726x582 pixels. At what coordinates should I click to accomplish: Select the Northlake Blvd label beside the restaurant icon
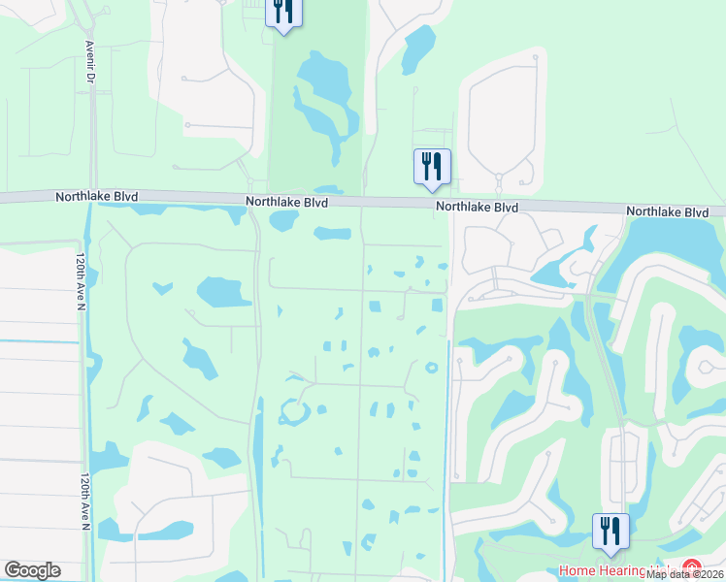coord(477,208)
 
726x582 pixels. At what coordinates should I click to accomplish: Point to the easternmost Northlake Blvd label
coord(667,211)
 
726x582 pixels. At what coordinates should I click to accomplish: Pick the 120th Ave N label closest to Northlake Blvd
coord(79,281)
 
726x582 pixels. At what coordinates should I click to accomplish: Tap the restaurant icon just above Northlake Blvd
coord(432,166)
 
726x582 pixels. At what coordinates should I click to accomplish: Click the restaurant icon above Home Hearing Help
coord(610,531)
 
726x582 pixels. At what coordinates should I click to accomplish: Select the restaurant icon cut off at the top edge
coord(283,12)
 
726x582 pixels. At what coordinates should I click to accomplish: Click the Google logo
coord(32,570)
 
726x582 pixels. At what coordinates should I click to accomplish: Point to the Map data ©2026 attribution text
coord(685,574)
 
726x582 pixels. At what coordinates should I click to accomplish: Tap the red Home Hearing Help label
coord(617,570)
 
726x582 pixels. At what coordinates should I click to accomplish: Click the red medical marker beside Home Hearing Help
coord(691,568)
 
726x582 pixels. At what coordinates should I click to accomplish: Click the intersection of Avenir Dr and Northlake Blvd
coord(92,197)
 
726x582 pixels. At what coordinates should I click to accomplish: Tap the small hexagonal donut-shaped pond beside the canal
coord(430,367)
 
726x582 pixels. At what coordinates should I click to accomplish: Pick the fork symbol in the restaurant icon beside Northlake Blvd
coord(426,165)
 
